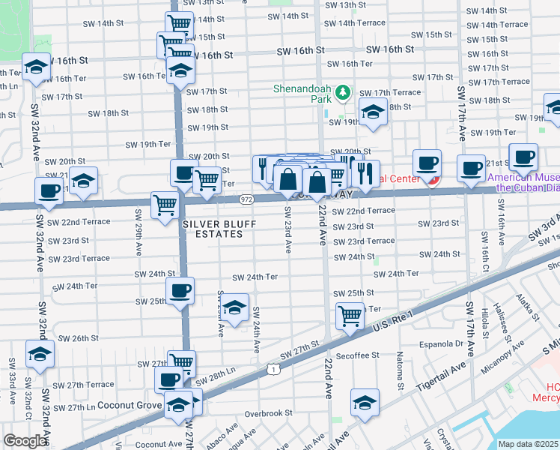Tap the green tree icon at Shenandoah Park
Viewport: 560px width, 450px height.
(343, 92)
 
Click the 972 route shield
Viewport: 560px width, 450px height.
(247, 199)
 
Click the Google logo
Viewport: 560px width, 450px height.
(25, 440)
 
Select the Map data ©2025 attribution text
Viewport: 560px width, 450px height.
(529, 444)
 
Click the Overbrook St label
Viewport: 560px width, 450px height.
(267, 413)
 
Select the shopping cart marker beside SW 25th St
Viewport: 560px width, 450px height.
(350, 316)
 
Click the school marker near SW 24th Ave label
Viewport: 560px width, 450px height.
(235, 307)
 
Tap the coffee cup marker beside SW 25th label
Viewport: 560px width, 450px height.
(180, 291)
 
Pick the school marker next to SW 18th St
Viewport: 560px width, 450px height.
(373, 112)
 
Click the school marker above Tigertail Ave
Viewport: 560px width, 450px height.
(365, 403)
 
